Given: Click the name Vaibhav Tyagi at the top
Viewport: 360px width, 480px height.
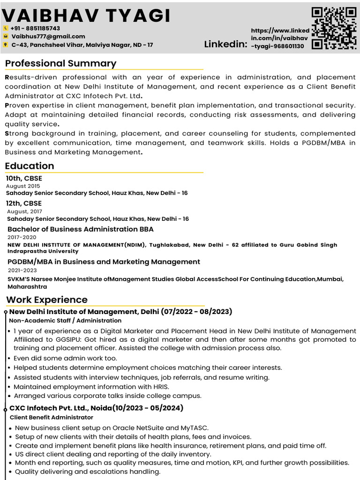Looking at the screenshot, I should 86,15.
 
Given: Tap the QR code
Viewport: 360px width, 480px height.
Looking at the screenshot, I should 334,28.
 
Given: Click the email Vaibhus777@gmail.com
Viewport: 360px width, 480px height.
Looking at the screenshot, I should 48,37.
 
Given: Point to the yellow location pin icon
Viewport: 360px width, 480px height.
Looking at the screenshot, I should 6,45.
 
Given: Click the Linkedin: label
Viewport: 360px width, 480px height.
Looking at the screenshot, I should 225,45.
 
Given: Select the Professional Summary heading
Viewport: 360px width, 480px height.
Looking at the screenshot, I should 61,63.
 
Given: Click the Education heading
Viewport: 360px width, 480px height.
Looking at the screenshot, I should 30,165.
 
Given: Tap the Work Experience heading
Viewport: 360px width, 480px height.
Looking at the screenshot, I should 47,300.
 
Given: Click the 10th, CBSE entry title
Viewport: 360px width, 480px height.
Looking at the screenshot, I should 24,178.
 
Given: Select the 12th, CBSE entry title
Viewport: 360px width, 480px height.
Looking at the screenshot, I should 24,203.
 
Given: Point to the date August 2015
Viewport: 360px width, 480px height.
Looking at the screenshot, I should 23,186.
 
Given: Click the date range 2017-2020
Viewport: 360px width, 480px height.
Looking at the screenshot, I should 22,237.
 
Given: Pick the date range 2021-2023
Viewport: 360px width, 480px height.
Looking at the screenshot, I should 22,270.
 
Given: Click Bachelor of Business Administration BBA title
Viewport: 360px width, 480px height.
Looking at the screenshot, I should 81,229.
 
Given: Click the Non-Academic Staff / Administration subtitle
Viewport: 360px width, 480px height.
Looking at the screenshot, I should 65,321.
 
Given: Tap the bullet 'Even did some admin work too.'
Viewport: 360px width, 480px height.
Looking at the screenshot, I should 65,358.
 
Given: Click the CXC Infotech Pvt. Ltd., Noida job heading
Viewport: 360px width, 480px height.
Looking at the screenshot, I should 96,408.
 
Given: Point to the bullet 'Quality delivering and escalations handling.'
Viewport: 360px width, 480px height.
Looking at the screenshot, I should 88,472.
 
